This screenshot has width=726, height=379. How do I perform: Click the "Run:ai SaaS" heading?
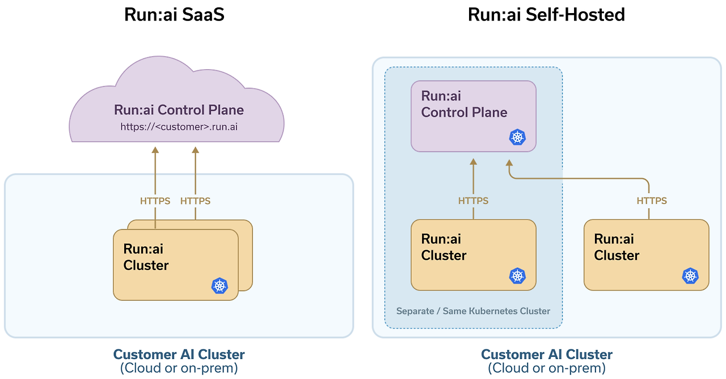[x=174, y=14]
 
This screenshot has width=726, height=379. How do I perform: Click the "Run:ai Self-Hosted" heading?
[x=546, y=14]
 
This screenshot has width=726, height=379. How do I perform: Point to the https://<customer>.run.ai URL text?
[x=179, y=127]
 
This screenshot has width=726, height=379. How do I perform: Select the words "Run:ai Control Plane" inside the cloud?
[x=179, y=110]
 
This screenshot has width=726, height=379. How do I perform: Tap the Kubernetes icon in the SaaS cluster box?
[x=220, y=285]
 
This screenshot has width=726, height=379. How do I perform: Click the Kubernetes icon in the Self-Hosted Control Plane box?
[x=517, y=137]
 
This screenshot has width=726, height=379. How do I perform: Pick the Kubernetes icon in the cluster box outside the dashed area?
[x=690, y=276]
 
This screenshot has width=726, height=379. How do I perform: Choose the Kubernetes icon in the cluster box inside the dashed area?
[x=517, y=276]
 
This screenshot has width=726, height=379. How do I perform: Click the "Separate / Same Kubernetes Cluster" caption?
[x=473, y=311]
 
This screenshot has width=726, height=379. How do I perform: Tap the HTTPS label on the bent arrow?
[x=652, y=201]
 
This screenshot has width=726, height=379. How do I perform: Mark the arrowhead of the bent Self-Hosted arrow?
[x=509, y=163]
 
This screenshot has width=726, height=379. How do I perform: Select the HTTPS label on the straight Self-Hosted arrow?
[x=473, y=201]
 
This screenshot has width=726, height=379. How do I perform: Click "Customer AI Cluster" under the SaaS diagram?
[x=179, y=355]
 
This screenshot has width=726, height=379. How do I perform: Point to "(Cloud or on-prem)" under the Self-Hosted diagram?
[x=546, y=368]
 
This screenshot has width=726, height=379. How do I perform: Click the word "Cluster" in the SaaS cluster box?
[x=146, y=265]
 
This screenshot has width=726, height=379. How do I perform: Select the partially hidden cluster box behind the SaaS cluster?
[x=246, y=255]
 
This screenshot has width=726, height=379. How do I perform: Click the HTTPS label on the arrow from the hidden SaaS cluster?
[x=195, y=201]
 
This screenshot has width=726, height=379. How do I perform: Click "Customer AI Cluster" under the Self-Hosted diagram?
[x=546, y=355]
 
